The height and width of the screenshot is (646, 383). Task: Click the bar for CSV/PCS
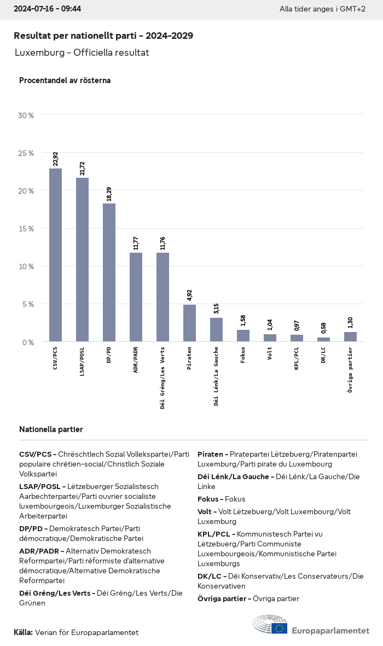[55, 255]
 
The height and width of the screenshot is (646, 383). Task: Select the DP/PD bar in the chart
[109, 272]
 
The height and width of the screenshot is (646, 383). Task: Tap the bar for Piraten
[189, 323]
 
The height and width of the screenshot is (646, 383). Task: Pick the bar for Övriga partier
[350, 336]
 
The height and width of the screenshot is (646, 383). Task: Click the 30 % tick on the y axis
[26, 115]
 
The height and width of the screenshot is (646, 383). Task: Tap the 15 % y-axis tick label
[26, 229]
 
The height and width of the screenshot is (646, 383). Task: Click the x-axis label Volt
[270, 353]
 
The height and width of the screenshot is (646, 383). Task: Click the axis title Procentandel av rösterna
[65, 80]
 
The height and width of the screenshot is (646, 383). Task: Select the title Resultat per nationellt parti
[103, 36]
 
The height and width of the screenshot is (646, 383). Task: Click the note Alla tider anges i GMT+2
[322, 9]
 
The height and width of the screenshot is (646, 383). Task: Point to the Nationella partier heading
[51, 429]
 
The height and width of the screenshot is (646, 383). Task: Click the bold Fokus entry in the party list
[209, 499]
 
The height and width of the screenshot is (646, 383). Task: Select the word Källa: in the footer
[23, 632]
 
